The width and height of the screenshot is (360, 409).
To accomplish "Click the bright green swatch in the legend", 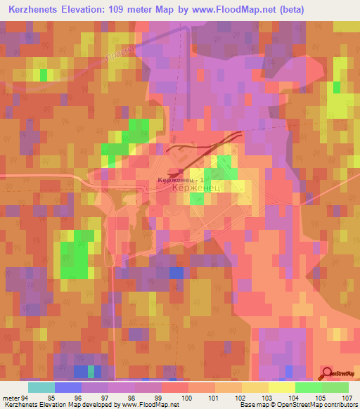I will pos(308,387).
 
